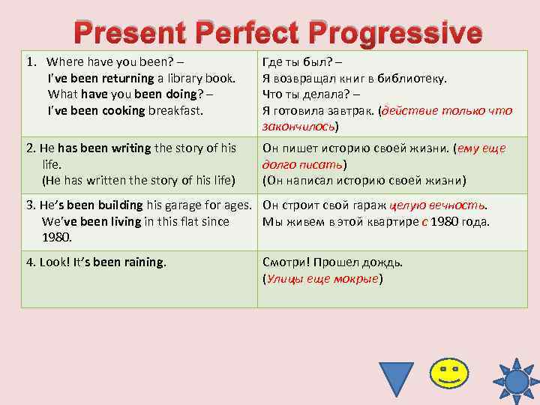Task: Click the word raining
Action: [139, 262]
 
